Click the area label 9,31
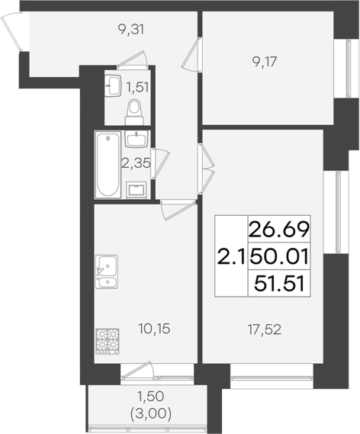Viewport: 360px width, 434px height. pos(131,31)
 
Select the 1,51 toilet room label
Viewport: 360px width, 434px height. pos(137,86)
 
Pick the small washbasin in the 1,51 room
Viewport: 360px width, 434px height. pos(114,83)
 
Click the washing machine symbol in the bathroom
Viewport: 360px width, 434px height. pos(137,189)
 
